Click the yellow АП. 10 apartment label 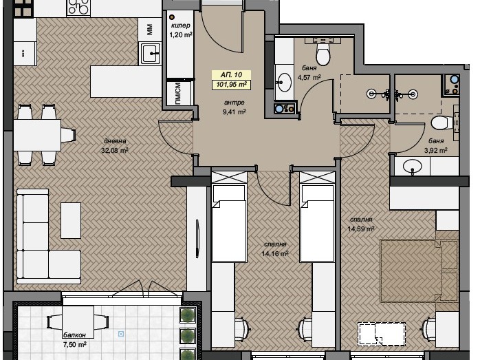232,74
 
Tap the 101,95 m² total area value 232,84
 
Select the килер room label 181,25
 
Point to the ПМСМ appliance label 178,93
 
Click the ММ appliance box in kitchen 150,30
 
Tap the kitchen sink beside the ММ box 150,53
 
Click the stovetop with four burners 78,7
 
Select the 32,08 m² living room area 114,151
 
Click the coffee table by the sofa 71,220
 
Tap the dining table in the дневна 37,135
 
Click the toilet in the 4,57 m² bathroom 323,53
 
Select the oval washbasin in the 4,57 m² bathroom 285,83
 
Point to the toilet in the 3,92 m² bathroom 442,123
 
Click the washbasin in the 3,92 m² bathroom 412,167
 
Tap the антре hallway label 234,103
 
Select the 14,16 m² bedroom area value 275,254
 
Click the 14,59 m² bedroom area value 361,229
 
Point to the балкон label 74,335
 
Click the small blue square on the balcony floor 121,334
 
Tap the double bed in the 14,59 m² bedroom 419,271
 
